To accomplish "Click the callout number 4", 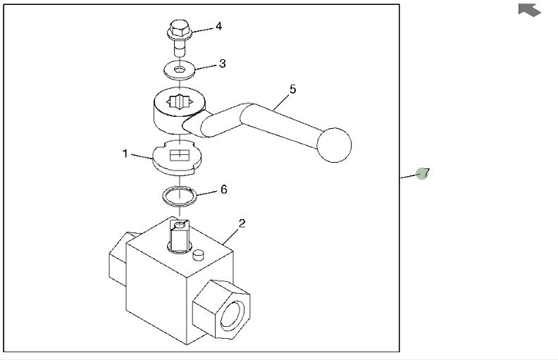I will tap(218, 26).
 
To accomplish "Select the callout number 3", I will tap(222, 63).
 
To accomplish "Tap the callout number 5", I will tap(292, 89).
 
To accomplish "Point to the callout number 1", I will tap(125, 153).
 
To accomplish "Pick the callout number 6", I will tap(223, 190).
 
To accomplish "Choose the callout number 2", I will tap(242, 223).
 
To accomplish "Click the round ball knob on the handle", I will tap(334, 144).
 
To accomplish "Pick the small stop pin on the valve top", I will tap(199, 254).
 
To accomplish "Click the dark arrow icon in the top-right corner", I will tap(530, 10).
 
